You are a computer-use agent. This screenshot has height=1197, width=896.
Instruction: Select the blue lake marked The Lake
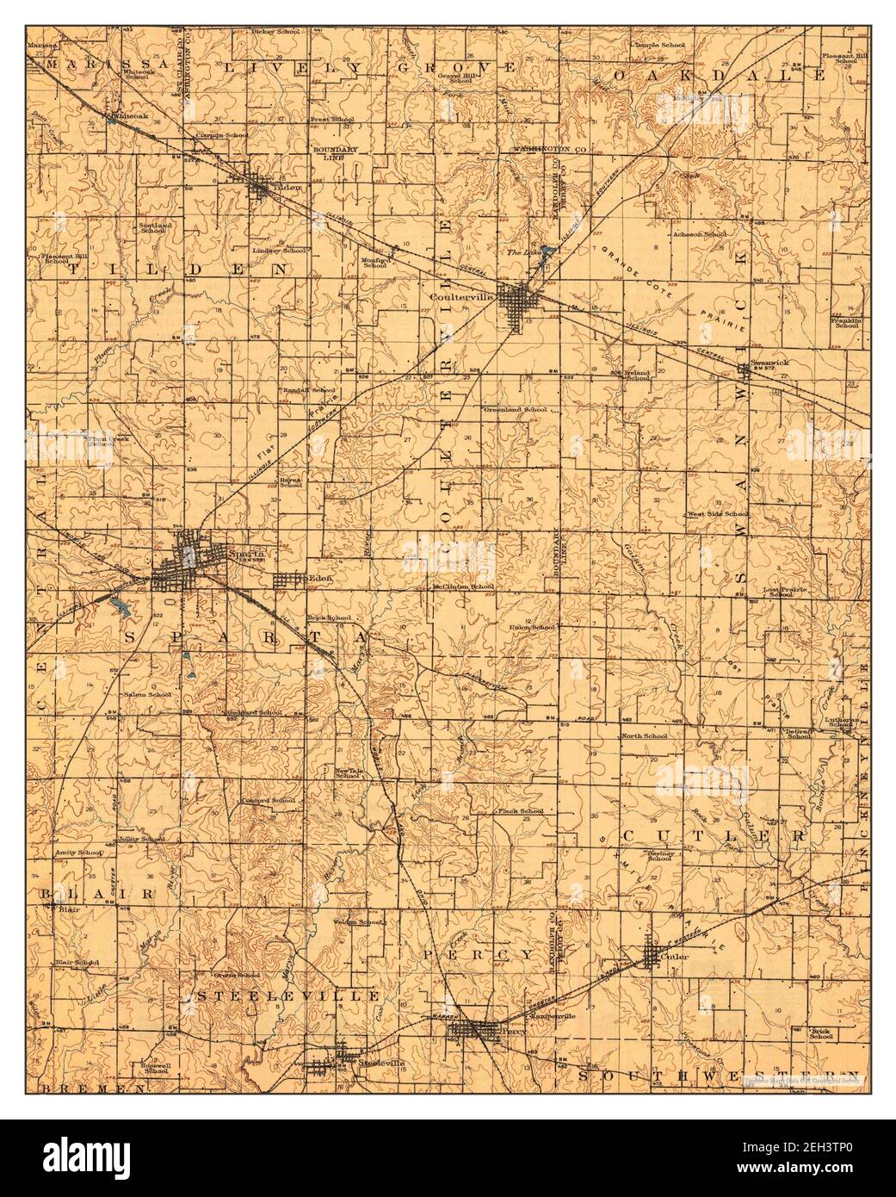[x=546, y=256]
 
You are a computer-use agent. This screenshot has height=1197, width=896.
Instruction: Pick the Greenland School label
[x=515, y=409]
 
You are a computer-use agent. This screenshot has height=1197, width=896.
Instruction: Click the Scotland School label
[x=152, y=228]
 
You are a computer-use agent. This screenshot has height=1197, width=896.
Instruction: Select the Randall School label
[x=309, y=389]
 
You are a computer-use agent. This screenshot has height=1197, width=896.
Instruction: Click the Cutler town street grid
[x=659, y=954]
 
